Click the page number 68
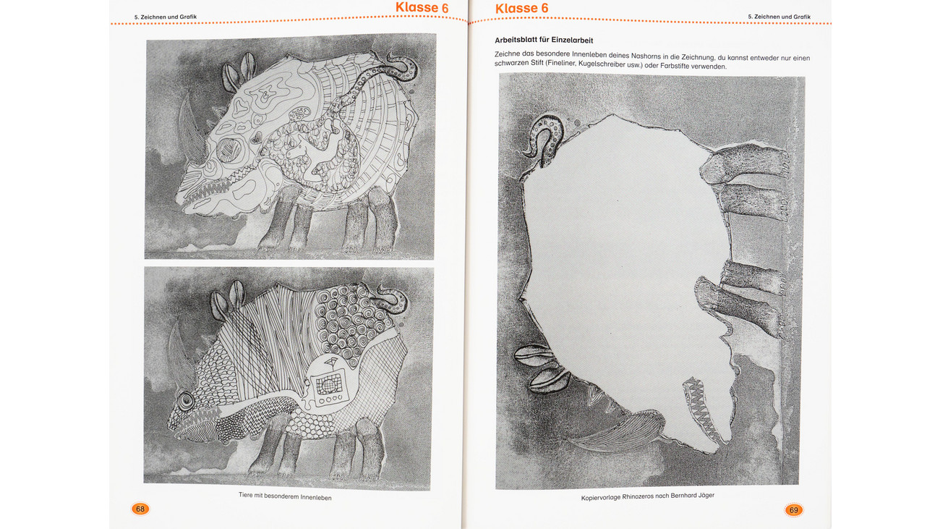(x=140, y=509)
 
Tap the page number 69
(x=793, y=510)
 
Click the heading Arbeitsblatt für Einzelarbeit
(x=544, y=41)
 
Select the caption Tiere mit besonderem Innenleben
(x=285, y=496)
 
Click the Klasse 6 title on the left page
(x=422, y=7)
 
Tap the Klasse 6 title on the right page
(x=521, y=8)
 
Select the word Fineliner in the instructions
(x=562, y=64)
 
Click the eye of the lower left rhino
(x=185, y=402)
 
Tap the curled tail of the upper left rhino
(x=402, y=67)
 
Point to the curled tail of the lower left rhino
(x=393, y=298)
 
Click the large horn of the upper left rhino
(x=191, y=130)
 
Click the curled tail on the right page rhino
(x=544, y=138)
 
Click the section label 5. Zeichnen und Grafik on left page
(x=166, y=17)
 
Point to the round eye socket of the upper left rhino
(x=229, y=151)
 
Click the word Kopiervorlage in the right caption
(x=600, y=497)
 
